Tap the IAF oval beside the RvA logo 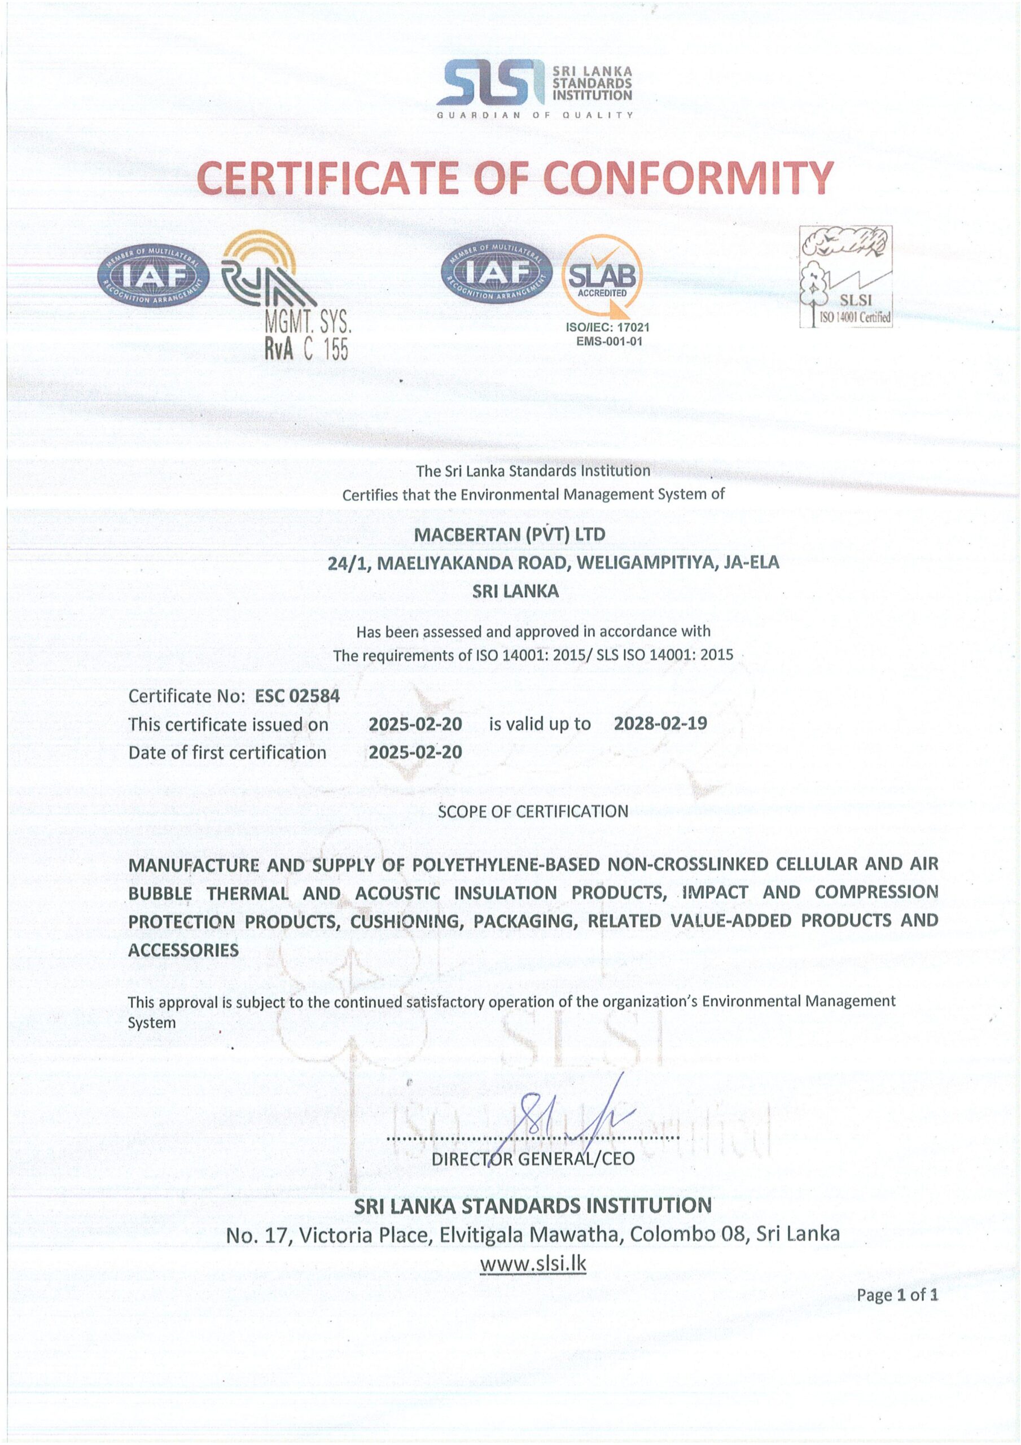pos(153,275)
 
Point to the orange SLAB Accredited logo pos(602,275)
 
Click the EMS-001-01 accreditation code pos(608,341)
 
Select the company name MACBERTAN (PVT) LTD pos(509,535)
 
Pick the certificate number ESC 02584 pos(297,695)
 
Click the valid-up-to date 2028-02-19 pos(660,723)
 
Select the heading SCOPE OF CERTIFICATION pos(533,811)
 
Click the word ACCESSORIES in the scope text pos(183,950)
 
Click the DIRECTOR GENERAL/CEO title pos(533,1159)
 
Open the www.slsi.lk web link pos(533,1263)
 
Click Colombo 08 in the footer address pos(688,1233)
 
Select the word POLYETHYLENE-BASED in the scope pos(506,865)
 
